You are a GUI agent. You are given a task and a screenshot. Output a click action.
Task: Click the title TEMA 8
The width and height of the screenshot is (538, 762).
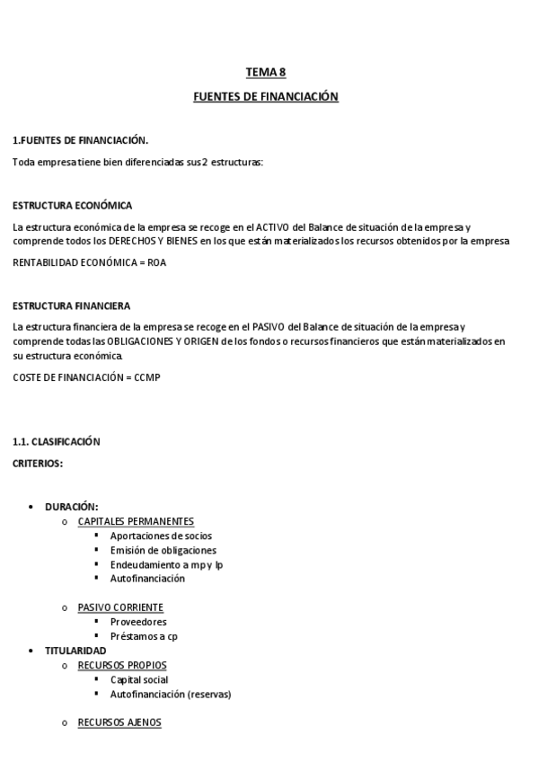[x=266, y=72]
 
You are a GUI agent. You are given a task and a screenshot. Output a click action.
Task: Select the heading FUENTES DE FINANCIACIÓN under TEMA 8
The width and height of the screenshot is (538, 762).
[x=266, y=96]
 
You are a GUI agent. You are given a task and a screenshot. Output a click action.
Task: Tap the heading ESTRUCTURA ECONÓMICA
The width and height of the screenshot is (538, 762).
[x=73, y=206]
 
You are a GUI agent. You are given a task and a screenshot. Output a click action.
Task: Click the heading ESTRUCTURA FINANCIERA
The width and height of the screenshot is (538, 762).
[x=71, y=306]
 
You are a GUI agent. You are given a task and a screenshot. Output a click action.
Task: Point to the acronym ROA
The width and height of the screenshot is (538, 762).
[x=156, y=262]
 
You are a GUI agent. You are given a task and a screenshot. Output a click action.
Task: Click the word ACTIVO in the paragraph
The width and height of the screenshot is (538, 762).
[x=273, y=226]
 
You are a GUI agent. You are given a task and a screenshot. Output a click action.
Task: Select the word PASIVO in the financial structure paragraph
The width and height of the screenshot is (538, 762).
[x=269, y=326]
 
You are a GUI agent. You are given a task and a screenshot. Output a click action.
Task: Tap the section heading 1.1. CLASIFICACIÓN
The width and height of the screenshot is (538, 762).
[x=57, y=441]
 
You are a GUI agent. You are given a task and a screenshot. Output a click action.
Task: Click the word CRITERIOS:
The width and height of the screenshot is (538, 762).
[x=38, y=463]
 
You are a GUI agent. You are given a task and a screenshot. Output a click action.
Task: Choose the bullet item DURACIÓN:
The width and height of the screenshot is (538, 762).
[x=72, y=507]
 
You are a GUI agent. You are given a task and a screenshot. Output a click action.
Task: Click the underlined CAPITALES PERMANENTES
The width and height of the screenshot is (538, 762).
[x=136, y=521]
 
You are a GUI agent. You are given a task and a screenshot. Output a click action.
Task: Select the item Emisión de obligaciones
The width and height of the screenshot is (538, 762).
[x=163, y=550]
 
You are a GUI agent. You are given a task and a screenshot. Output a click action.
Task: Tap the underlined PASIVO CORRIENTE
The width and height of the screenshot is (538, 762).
[x=120, y=607]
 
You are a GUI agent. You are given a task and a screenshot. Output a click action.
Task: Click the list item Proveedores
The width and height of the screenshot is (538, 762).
[x=138, y=622]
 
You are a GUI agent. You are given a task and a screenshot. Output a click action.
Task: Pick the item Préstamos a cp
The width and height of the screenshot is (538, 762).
[x=144, y=636]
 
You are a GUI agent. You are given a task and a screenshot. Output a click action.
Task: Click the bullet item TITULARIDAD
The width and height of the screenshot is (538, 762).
[x=75, y=651]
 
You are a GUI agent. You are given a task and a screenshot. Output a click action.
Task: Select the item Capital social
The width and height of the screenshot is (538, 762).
[x=139, y=679]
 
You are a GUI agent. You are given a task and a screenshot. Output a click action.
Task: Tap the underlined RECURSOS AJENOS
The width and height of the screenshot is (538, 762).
[x=119, y=722]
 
